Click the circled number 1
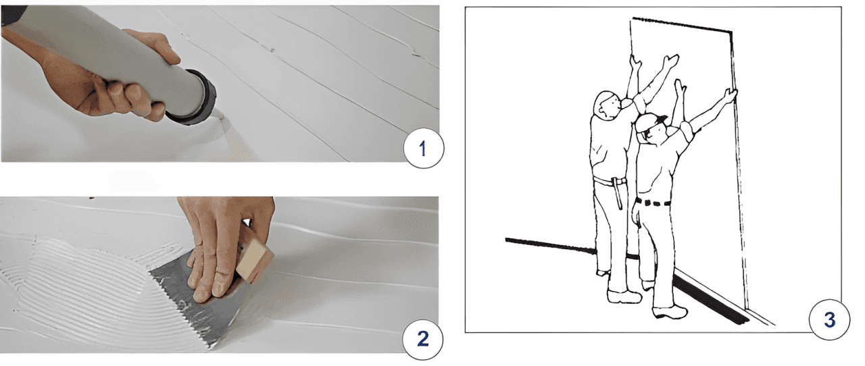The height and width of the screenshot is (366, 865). click(424, 149)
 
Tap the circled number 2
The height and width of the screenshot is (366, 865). click(423, 339)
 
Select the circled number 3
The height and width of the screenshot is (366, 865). click(829, 319)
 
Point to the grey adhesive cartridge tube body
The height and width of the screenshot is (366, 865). click(104, 58)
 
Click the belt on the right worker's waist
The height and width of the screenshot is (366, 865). click(653, 203)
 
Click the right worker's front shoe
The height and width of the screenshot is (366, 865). click(670, 311)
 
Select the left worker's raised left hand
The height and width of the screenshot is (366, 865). click(635, 63)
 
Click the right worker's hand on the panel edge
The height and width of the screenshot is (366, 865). click(731, 95)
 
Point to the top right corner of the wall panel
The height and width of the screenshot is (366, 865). click(731, 32)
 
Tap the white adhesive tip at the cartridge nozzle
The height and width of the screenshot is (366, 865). click(222, 115)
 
